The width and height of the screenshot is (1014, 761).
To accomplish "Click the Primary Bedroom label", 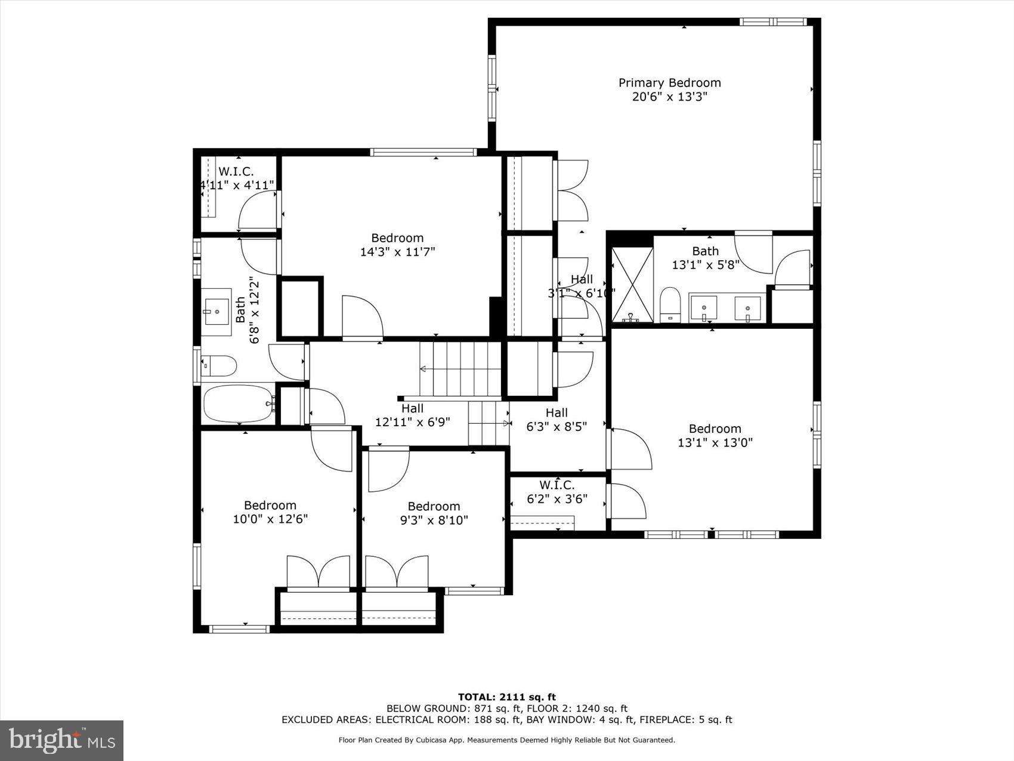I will coord(669,83).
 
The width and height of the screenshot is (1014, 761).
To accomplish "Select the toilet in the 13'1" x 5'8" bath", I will coord(670,304).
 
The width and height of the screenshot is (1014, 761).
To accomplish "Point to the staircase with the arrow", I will coord(460,369).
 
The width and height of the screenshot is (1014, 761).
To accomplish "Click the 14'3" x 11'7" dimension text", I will coord(397,252).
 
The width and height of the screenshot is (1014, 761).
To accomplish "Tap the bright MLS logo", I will coord(62,740).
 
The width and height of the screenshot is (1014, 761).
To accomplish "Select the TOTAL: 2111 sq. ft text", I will coord(506,697).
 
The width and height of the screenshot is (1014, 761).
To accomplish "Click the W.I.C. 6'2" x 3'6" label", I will coord(557,492).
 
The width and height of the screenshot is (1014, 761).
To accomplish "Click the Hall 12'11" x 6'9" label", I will coord(412,415).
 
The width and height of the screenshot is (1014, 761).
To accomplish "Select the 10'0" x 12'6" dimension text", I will coord(270,519).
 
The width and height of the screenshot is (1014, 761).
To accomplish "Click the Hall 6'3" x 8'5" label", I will coord(557,420).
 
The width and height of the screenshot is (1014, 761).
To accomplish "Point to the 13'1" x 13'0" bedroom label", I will coord(715,436).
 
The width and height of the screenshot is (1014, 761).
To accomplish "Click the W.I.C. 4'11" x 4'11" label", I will coord(236,178).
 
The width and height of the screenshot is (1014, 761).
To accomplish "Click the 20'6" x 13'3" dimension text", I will coord(669,97).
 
